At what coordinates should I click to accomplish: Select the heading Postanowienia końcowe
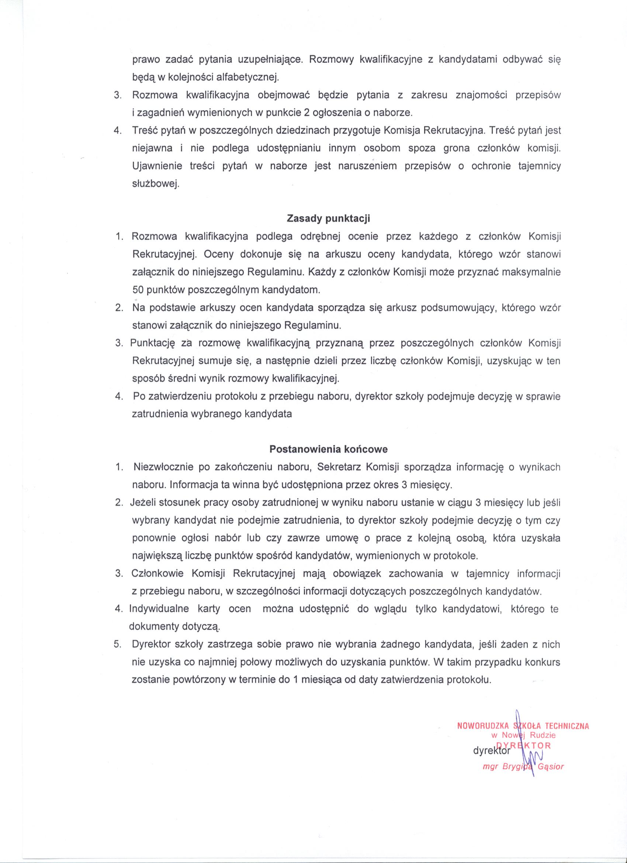pyautogui.click(x=328, y=449)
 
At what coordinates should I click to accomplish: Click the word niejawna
pyautogui.click(x=152, y=148)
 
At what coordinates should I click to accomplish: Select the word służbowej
pyautogui.click(x=155, y=184)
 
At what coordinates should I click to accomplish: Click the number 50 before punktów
pyautogui.click(x=137, y=290)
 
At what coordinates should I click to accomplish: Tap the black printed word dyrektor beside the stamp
pyautogui.click(x=491, y=751)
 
